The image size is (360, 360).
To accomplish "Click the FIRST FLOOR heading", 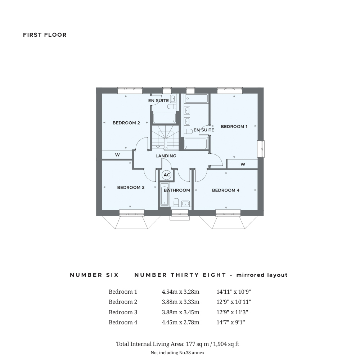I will (45, 35).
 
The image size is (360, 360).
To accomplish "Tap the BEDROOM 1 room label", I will (234, 126).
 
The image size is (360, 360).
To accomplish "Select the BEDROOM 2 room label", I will (126, 123).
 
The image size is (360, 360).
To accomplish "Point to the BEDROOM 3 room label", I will (131, 187).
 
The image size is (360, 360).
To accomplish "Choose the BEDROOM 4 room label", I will (226, 190).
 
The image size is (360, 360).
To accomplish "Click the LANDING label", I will (166, 156).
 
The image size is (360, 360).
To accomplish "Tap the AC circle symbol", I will (167, 175).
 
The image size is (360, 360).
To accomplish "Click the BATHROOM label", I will (177, 190).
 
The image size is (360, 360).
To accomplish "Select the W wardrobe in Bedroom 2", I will (117, 155).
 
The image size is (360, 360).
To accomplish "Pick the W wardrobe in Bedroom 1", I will (243, 164).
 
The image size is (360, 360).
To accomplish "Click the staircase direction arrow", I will (158, 146).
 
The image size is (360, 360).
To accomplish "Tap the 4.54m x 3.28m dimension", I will (180, 292).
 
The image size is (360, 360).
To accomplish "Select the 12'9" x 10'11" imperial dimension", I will (234, 302).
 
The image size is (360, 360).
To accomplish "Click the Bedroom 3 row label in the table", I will (123, 312).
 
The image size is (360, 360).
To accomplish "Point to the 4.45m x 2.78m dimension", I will (180, 322).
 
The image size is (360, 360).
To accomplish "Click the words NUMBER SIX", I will (94, 275).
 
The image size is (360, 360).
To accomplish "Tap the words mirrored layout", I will (262, 275).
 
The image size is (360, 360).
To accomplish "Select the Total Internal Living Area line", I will (177, 344).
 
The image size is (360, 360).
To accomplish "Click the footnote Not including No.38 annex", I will (177, 353).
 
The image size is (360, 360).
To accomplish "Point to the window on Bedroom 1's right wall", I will (261, 149).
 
